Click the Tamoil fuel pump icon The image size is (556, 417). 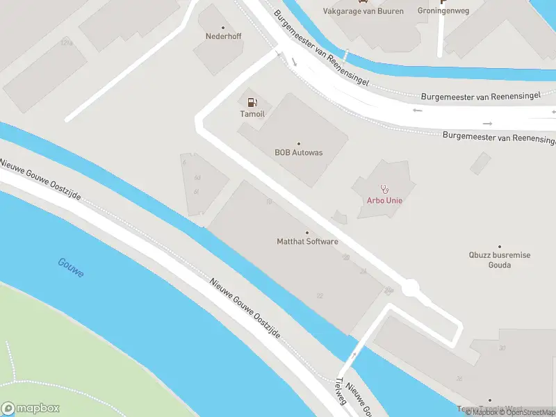[252, 102]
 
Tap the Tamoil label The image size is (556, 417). [252, 114]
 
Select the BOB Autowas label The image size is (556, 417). [299, 153]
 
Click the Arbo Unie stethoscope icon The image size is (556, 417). [384, 188]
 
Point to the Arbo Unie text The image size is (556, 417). [384, 201]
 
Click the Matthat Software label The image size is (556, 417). [307, 242]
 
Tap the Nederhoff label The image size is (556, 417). [223, 36]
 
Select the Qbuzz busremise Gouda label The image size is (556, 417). [499, 260]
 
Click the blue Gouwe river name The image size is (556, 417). [71, 268]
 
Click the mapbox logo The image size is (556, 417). [31, 408]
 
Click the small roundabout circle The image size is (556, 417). [410, 286]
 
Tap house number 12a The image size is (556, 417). [67, 43]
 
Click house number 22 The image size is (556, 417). [320, 296]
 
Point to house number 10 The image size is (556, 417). [268, 202]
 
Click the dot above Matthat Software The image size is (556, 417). [307, 233]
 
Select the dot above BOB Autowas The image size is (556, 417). [299, 144]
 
